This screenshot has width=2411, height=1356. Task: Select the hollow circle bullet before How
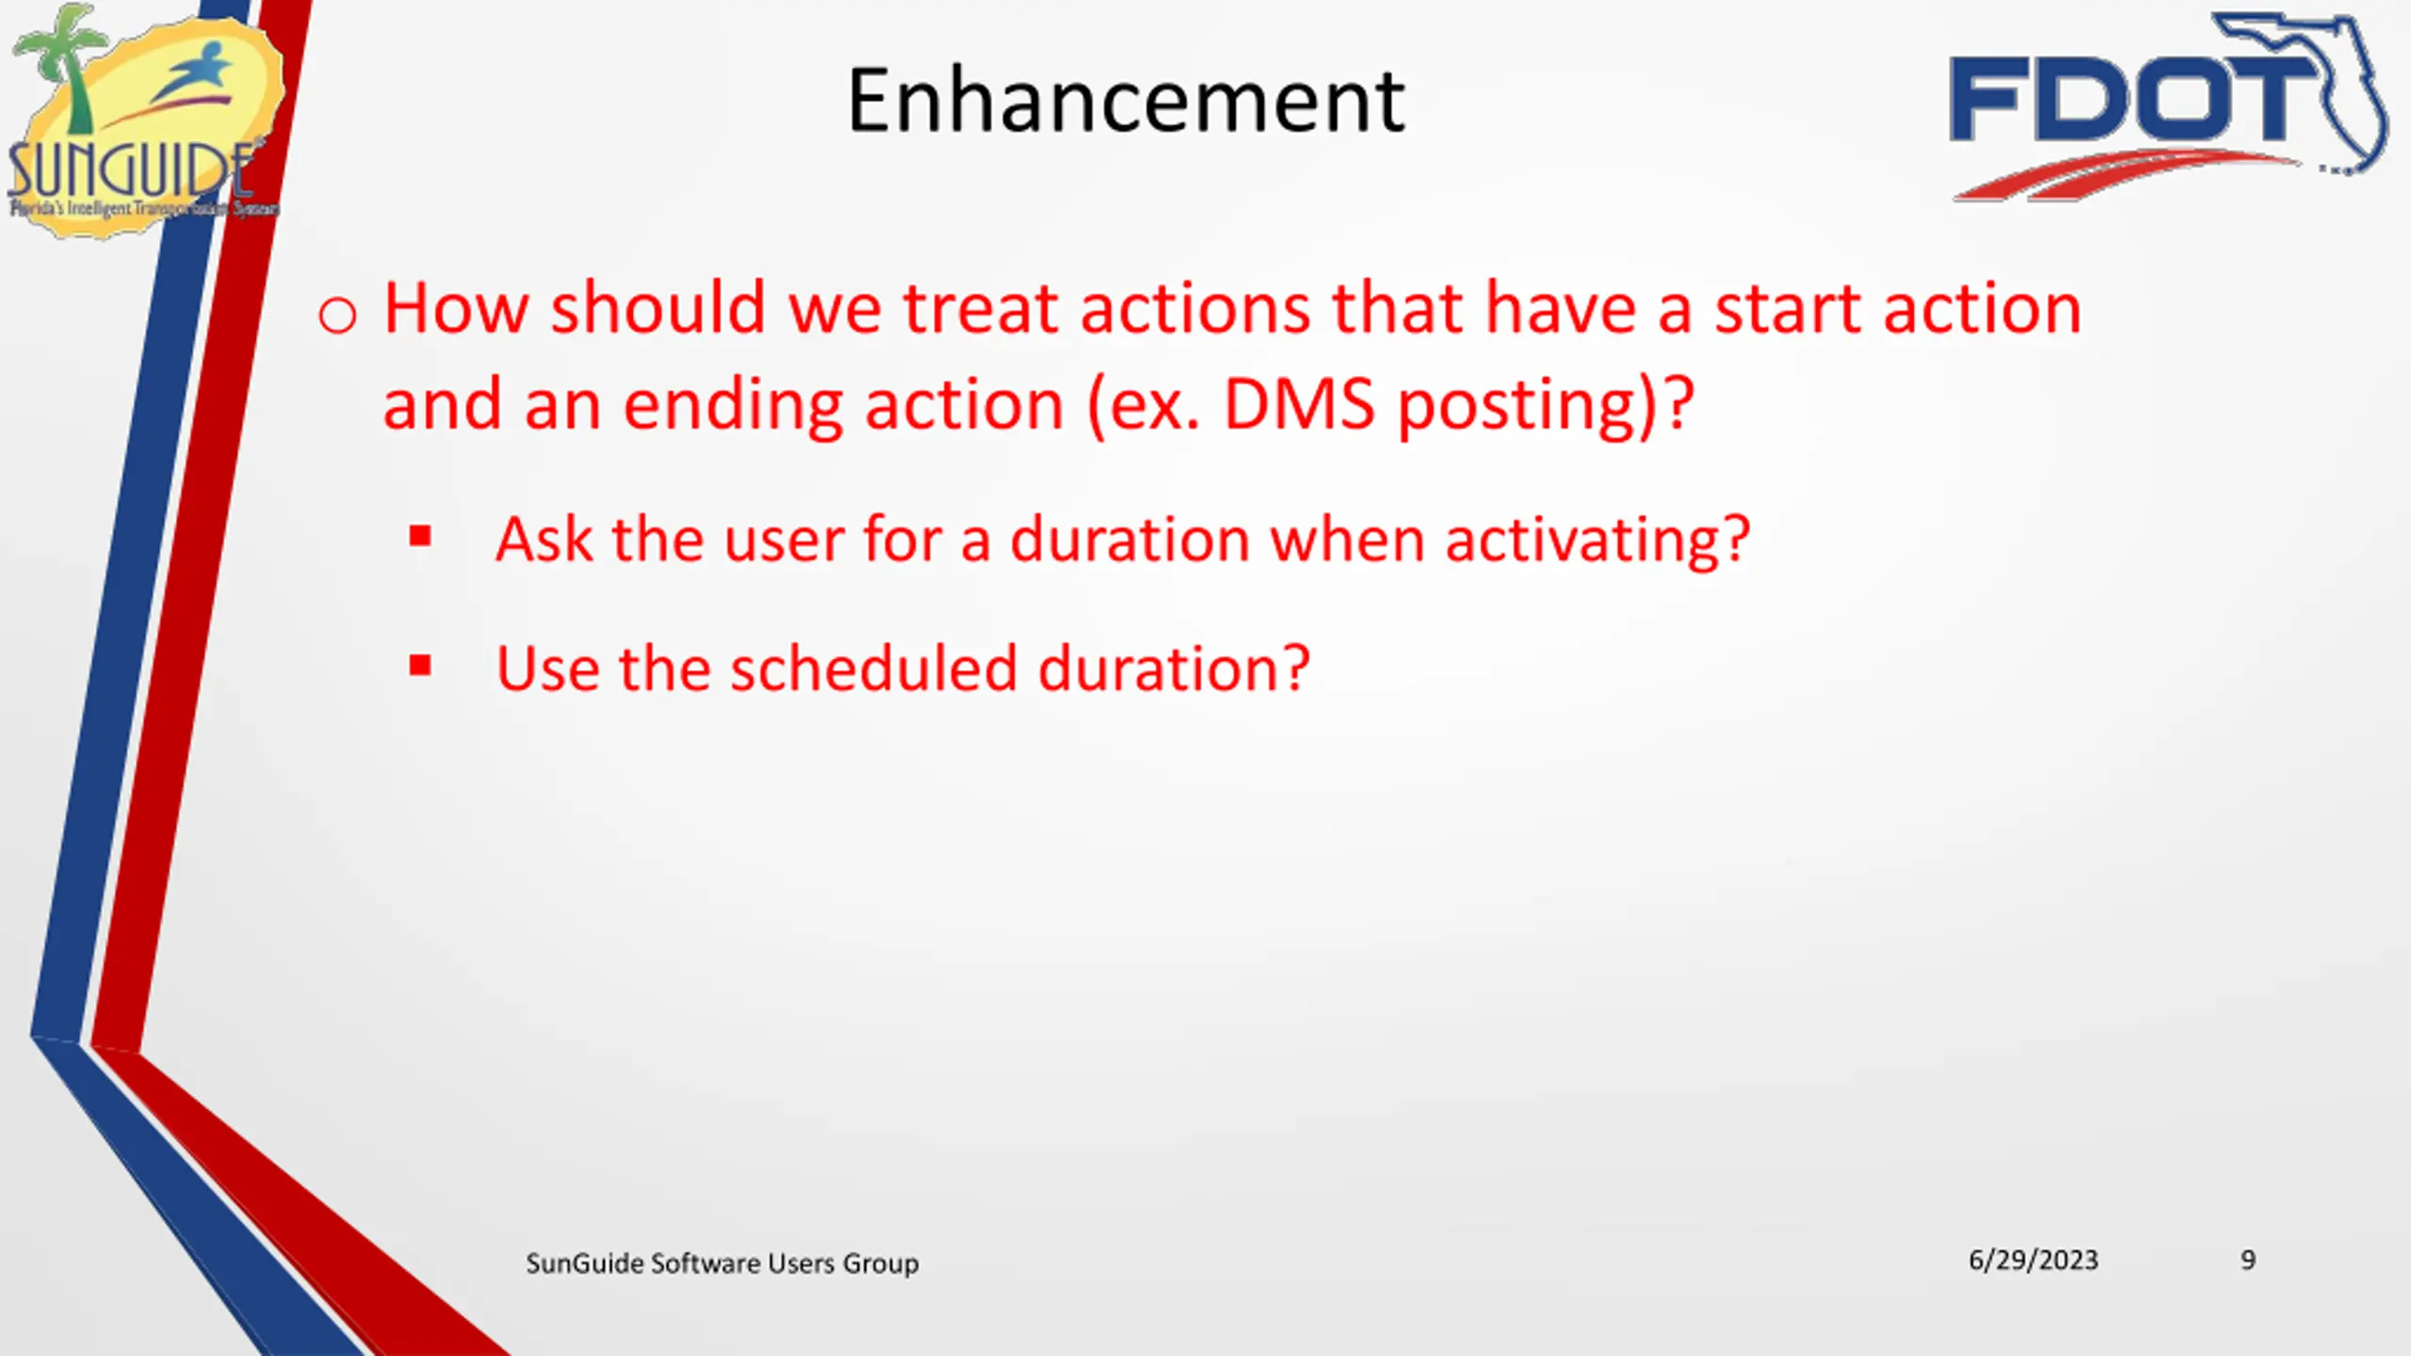[x=337, y=315]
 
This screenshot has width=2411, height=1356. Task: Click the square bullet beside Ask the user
[x=420, y=537]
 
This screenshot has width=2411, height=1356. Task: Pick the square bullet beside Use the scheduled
[x=420, y=667]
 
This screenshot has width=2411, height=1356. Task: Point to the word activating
[x=1597, y=541]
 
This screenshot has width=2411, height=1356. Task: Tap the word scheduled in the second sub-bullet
[x=874, y=668]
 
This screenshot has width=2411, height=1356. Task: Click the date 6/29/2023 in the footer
[x=2033, y=1260]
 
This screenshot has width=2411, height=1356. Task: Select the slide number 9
[x=2248, y=1260]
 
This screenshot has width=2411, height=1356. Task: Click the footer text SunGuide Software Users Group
[x=722, y=1263]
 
